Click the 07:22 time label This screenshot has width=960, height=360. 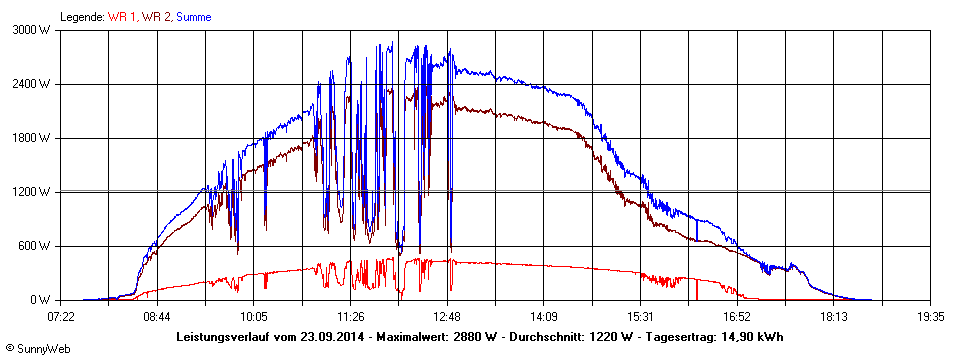click(x=61, y=316)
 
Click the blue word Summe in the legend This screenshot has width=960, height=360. click(x=193, y=17)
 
